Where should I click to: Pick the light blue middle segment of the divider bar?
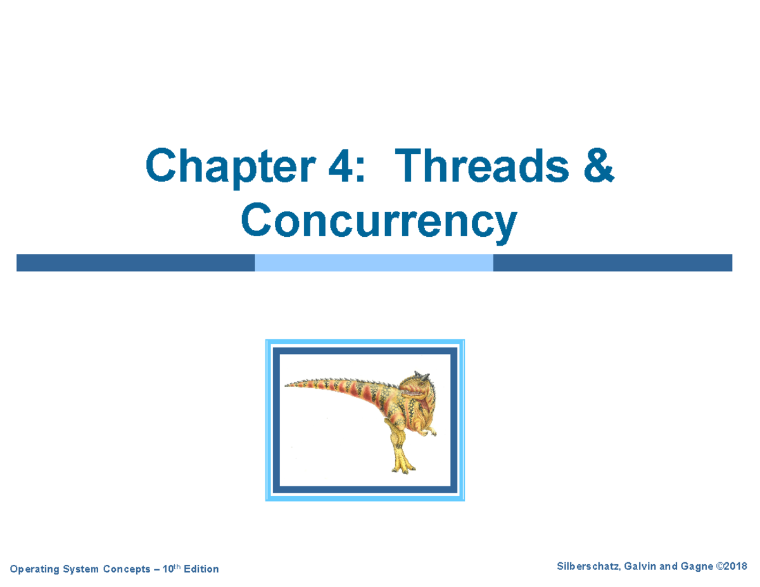pos(374,263)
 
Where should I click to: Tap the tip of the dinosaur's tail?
pos(286,384)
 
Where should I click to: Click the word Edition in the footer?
pos(201,569)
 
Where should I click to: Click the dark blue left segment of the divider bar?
pos(136,263)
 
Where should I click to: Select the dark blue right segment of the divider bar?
pos(612,263)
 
